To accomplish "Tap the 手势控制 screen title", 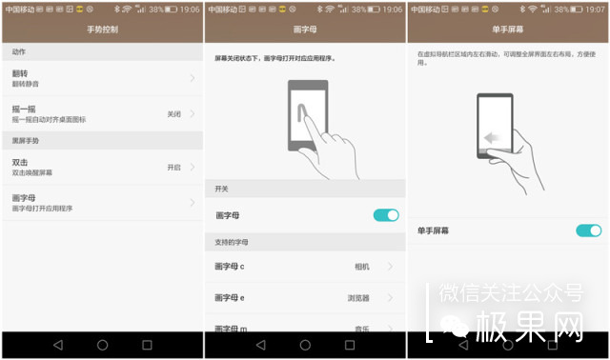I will click(101, 30).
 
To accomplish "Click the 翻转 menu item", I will click(19, 71).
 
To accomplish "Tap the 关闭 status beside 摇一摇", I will click(173, 113).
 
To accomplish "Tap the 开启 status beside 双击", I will click(173, 167).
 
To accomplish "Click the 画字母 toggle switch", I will click(386, 215).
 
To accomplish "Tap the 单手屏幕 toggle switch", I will click(589, 230).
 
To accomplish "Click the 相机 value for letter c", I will click(361, 267).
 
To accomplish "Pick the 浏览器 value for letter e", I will click(358, 298).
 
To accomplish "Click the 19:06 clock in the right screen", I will click(595, 9).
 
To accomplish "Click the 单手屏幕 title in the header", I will click(507, 30).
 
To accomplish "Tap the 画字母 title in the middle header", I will click(304, 30).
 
